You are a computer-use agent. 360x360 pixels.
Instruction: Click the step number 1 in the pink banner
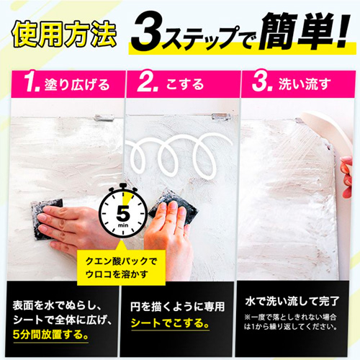click(x=30, y=84)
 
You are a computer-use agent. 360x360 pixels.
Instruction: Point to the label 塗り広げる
click(x=78, y=85)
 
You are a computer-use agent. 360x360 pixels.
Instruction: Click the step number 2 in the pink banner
click(x=148, y=84)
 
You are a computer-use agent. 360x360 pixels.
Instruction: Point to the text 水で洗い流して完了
click(x=297, y=297)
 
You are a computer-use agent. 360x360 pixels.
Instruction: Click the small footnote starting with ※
click(x=297, y=320)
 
